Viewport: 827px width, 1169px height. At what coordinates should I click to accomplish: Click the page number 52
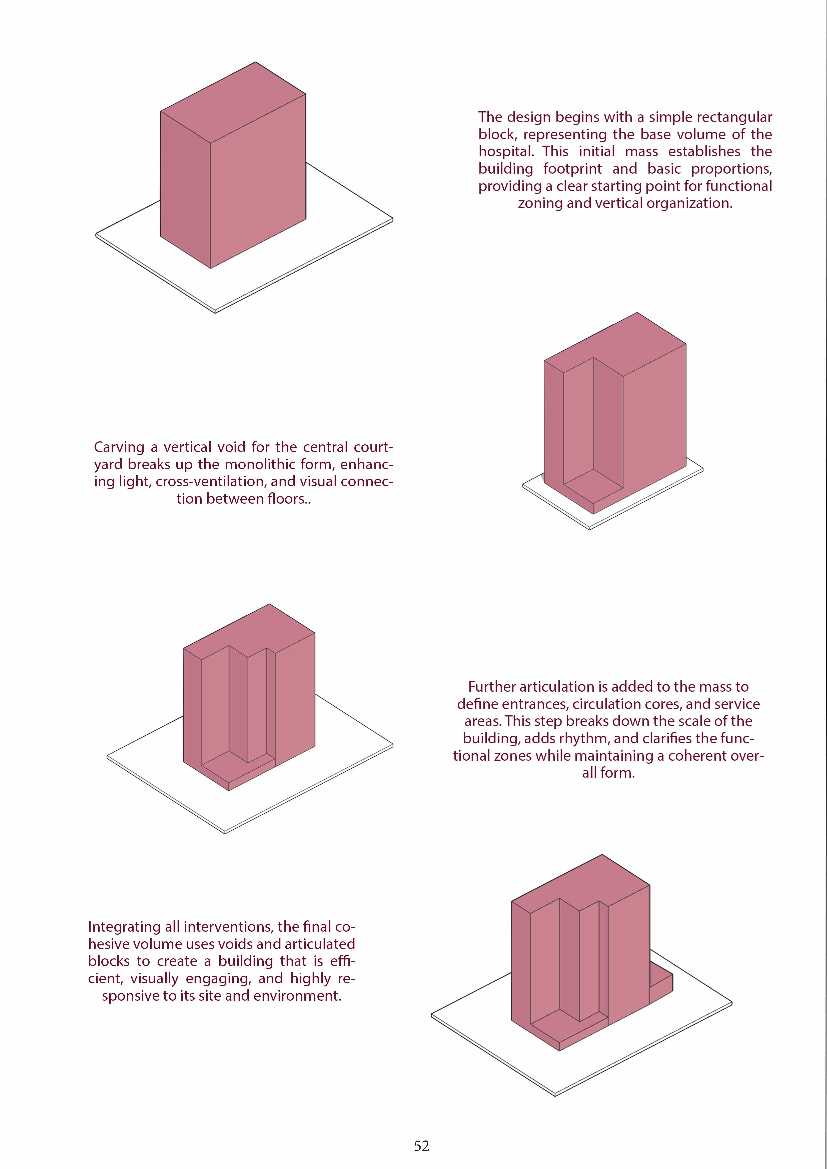[421, 1146]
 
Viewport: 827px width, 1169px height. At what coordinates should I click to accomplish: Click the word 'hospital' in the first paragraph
[505, 151]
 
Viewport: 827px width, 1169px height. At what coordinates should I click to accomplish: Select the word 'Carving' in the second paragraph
[119, 447]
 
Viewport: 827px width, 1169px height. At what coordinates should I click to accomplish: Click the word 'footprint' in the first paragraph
[572, 169]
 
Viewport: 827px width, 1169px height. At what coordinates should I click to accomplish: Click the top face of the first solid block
[233, 102]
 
